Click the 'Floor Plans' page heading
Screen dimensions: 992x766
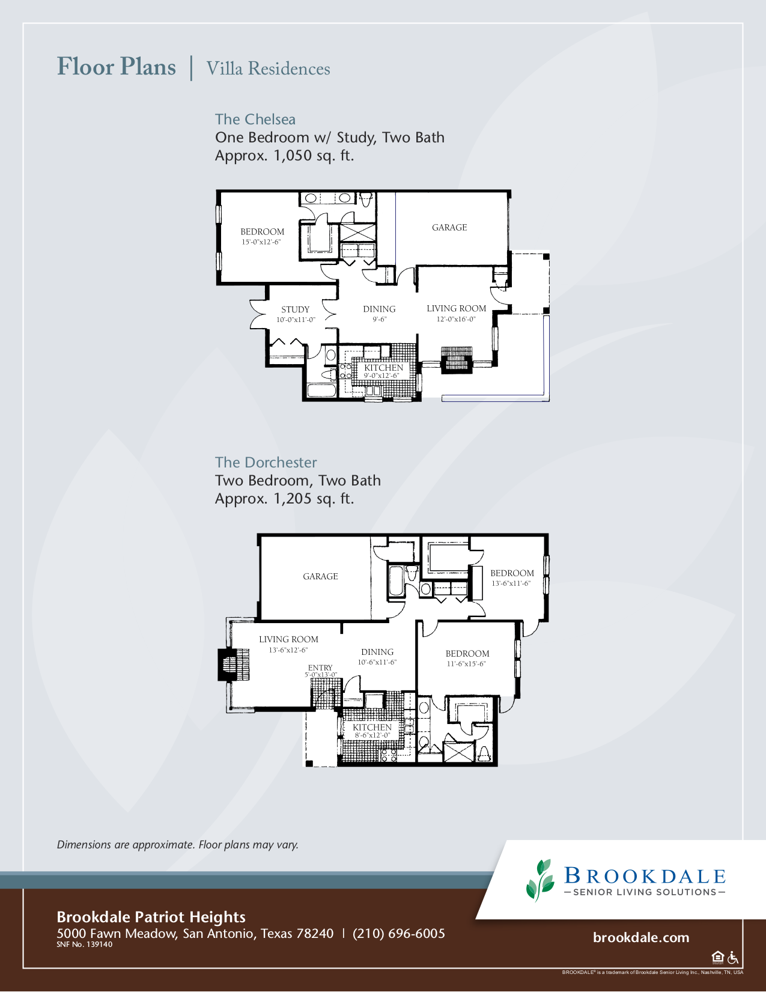pyautogui.click(x=117, y=67)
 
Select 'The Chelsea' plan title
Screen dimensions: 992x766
pyautogui.click(x=255, y=120)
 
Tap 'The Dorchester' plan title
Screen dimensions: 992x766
pyautogui.click(x=266, y=463)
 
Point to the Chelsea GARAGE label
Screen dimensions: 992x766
pyautogui.click(x=449, y=228)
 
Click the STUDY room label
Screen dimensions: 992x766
pyautogui.click(x=296, y=309)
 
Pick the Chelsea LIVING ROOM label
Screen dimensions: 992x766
pyautogui.click(x=456, y=309)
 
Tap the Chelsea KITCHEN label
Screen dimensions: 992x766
pyautogui.click(x=383, y=368)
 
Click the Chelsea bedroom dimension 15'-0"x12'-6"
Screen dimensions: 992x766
pyautogui.click(x=261, y=242)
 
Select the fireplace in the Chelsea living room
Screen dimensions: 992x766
pyautogui.click(x=457, y=360)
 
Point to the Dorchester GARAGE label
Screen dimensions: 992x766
pyautogui.click(x=320, y=577)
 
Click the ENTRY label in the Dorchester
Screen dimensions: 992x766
pyautogui.click(x=320, y=668)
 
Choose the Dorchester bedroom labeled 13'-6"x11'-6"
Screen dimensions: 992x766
pyautogui.click(x=512, y=574)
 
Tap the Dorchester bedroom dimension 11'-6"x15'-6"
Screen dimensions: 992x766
pyautogui.click(x=466, y=664)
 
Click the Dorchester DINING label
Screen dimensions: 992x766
pyautogui.click(x=377, y=653)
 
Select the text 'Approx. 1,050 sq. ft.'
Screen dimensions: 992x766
pyautogui.click(x=285, y=156)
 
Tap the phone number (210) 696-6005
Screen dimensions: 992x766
pyautogui.click(x=399, y=934)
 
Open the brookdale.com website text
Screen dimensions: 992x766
pyautogui.click(x=641, y=938)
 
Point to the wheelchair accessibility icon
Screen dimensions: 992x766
pyautogui.click(x=733, y=958)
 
